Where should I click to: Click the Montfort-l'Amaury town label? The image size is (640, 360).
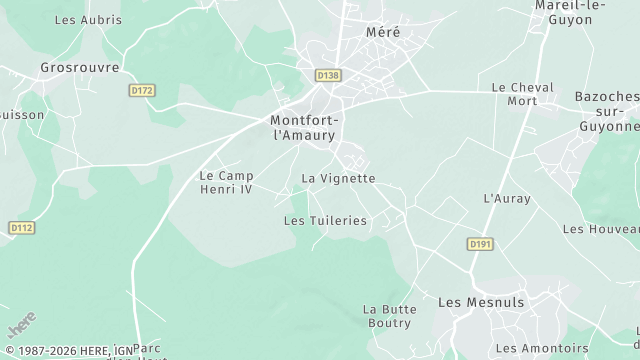click(x=305, y=127)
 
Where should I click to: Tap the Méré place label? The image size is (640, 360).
click(x=382, y=32)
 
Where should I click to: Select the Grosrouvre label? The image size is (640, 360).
click(x=80, y=68)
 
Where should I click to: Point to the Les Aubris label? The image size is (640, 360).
click(x=88, y=20)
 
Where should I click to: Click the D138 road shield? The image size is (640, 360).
click(x=327, y=75)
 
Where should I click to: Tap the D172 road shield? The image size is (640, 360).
click(x=143, y=91)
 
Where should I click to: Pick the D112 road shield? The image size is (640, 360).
click(x=22, y=228)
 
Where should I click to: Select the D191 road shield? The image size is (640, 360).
click(x=481, y=244)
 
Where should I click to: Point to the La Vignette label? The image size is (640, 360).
click(x=338, y=179)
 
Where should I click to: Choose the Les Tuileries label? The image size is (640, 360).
click(x=325, y=220)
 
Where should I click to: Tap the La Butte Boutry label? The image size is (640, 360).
click(x=389, y=316)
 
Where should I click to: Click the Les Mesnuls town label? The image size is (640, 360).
click(x=481, y=302)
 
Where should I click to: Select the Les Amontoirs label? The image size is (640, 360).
click(x=542, y=348)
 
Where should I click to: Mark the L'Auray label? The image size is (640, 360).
click(x=506, y=199)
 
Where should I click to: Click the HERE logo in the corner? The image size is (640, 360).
click(x=21, y=326)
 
